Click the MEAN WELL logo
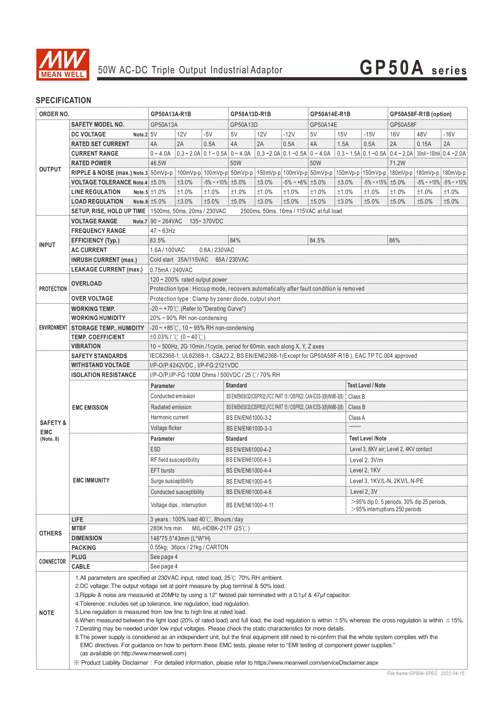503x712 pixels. pyautogui.click(x=63, y=65)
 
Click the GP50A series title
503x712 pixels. pyautogui.click(x=413, y=68)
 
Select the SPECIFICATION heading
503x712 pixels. pyautogui.click(x=63, y=100)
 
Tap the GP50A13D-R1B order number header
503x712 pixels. pyautogui.click(x=251, y=114)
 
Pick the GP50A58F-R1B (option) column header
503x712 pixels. pyautogui.click(x=420, y=114)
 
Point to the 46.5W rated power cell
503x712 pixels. pyautogui.click(x=158, y=163)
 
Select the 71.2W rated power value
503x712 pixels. pyautogui.click(x=397, y=163)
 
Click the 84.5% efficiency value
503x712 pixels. pyautogui.click(x=317, y=241)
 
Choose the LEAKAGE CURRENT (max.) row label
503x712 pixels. pyautogui.click(x=107, y=270)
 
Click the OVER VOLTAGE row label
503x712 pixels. pyautogui.click(x=92, y=299)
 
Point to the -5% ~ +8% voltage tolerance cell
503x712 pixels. pyautogui.click(x=295, y=183)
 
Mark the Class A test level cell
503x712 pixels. pyautogui.click(x=356, y=418)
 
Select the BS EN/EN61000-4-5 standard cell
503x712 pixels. pyautogui.click(x=249, y=482)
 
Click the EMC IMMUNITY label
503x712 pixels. pyautogui.click(x=91, y=480)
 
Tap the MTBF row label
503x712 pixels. pyautogui.click(x=79, y=528)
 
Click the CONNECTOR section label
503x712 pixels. pyautogui.click(x=52, y=562)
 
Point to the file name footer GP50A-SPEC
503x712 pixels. pyautogui.click(x=425, y=673)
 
